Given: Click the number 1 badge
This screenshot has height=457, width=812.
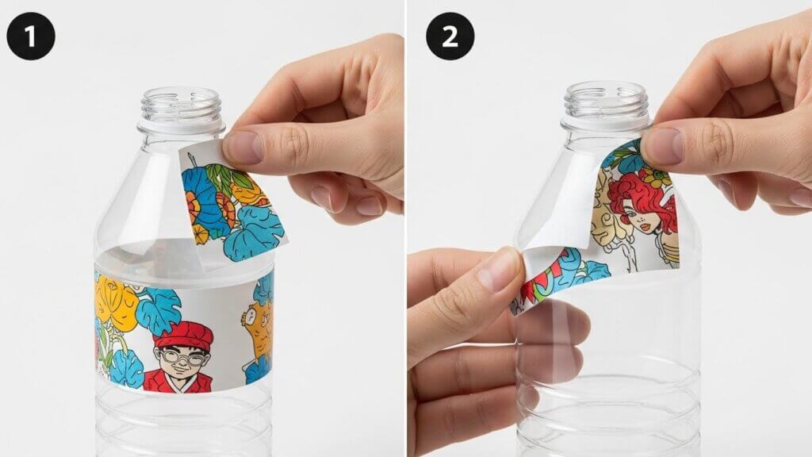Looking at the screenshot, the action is pyautogui.click(x=31, y=36).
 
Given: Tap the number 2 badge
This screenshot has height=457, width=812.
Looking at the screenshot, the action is pyautogui.click(x=450, y=36).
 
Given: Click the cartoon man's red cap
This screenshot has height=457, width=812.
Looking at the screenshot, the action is pyautogui.click(x=183, y=334).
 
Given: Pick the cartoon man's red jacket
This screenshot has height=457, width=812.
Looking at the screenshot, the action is pyautogui.click(x=178, y=381).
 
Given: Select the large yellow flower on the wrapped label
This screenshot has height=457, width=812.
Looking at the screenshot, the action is pyautogui.click(x=116, y=303).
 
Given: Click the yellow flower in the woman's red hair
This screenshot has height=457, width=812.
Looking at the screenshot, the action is pyautogui.click(x=656, y=179).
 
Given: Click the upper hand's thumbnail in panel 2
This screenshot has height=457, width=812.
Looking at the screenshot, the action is pyautogui.click(x=661, y=146).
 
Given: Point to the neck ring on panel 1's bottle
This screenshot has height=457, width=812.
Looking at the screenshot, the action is pyautogui.click(x=182, y=128).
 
